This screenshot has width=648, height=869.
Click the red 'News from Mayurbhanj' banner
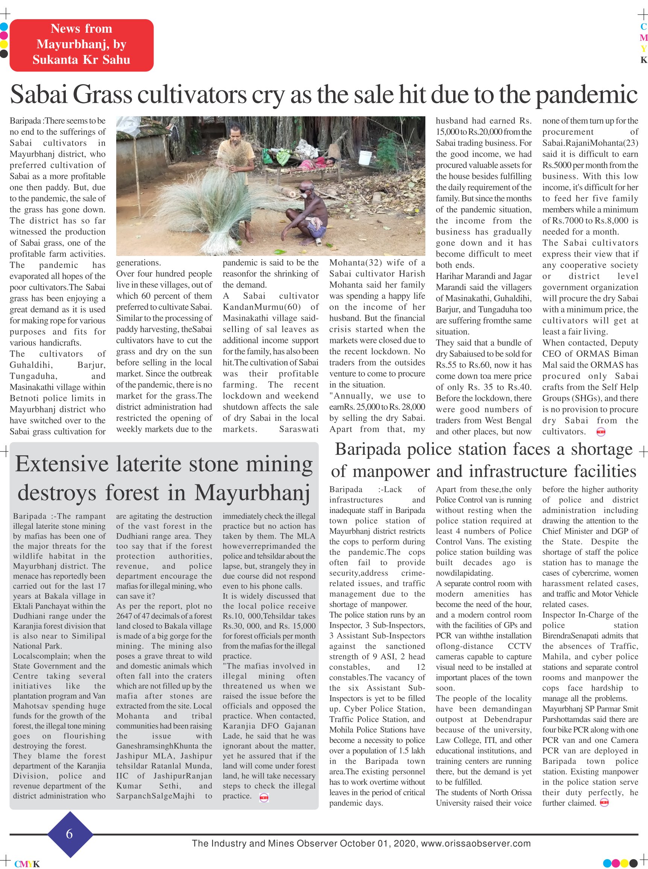tap(81, 45)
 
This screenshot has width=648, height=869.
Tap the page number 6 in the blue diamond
tap(70, 833)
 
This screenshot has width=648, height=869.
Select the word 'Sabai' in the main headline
tap(38, 95)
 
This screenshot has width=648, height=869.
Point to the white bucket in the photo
tap(365, 158)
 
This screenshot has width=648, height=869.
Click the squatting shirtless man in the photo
tap(308, 212)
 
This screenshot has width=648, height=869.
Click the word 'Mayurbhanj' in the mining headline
tap(252, 493)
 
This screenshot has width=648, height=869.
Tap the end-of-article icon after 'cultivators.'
tap(601, 432)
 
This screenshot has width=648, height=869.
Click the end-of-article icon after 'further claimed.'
tap(604, 803)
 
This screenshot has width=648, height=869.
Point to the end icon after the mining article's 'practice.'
tap(264, 797)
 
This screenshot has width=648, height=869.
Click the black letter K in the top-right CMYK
tap(643, 60)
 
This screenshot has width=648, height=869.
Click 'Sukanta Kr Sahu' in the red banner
tap(81, 60)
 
